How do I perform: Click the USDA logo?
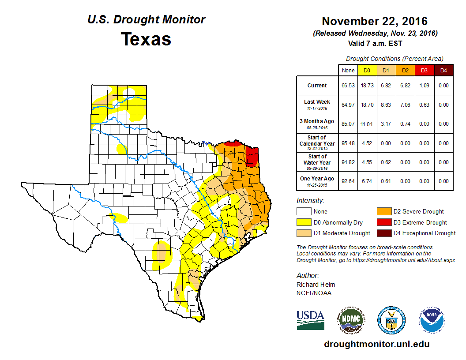310,320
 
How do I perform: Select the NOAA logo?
432,320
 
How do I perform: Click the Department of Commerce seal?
391,320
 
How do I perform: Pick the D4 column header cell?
443,70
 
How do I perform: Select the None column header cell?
348,70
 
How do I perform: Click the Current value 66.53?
348,86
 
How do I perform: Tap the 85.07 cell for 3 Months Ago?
348,124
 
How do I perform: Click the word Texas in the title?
146,39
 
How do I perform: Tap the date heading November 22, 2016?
375,21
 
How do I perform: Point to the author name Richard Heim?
316,285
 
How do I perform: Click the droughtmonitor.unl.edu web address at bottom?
376,344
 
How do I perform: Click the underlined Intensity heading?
310,200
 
